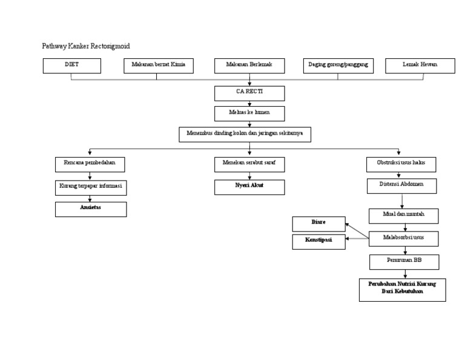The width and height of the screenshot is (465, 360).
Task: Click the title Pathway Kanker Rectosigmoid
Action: click(x=85, y=46)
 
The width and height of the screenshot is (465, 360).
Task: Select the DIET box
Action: click(x=71, y=65)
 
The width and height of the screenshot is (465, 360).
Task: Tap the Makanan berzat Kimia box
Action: click(x=158, y=65)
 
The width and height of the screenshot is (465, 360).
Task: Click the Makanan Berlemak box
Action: click(x=249, y=65)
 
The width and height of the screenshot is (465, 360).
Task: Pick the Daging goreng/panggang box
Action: click(x=338, y=65)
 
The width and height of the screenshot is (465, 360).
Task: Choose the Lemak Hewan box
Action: click(x=420, y=65)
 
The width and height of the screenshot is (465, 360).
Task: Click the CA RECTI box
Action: click(x=249, y=93)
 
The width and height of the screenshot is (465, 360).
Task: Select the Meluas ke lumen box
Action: click(x=249, y=113)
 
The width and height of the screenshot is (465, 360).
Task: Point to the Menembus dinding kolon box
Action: click(x=245, y=134)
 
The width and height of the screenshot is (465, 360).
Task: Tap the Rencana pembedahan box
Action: click(x=90, y=164)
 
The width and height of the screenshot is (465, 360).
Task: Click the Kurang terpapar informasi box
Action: click(x=91, y=187)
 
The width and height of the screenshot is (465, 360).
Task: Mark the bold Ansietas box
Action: click(x=91, y=209)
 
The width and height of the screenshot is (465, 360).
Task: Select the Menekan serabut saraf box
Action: click(x=249, y=164)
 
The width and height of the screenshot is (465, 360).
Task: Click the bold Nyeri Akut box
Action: click(x=249, y=187)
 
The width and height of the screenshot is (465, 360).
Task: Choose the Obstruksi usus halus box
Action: click(x=401, y=164)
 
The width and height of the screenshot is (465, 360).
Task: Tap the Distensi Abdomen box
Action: click(x=401, y=185)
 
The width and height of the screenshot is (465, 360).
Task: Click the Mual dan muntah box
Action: click(x=404, y=216)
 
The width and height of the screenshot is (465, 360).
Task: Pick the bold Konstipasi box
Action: click(x=318, y=242)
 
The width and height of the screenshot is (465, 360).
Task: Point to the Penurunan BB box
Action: click(x=404, y=262)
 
